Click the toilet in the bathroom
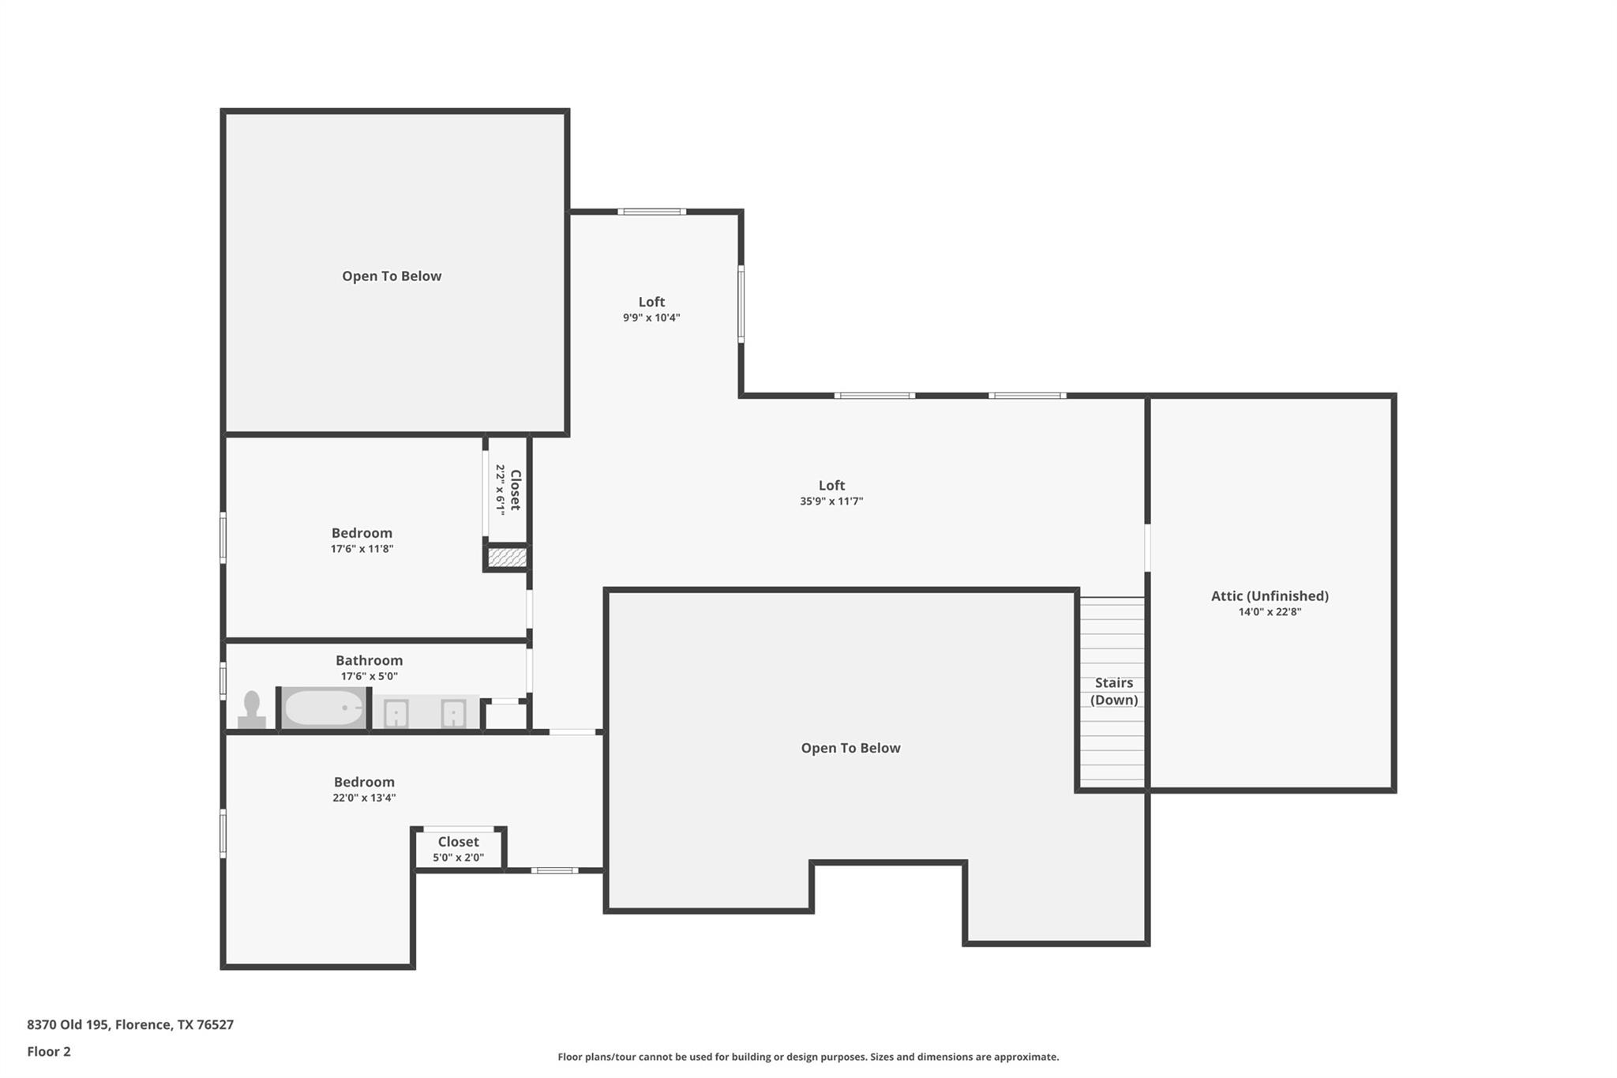(252, 709)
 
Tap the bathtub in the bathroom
(324, 708)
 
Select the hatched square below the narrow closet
(506, 558)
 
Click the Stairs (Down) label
(1113, 691)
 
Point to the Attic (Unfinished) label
(1270, 596)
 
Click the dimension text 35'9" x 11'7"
(831, 501)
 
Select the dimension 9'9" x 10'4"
(651, 318)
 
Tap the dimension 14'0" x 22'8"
(1270, 612)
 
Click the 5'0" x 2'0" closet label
(458, 850)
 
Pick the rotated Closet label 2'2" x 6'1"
(508, 490)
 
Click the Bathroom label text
(369, 660)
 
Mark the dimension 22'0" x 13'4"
(364, 798)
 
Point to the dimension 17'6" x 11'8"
(362, 549)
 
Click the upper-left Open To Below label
(392, 276)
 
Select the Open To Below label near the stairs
(850, 748)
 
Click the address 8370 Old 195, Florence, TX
(130, 1024)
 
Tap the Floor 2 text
(49, 1051)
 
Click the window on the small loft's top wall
(651, 212)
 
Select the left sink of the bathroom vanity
(396, 714)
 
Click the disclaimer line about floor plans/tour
(808, 1057)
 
